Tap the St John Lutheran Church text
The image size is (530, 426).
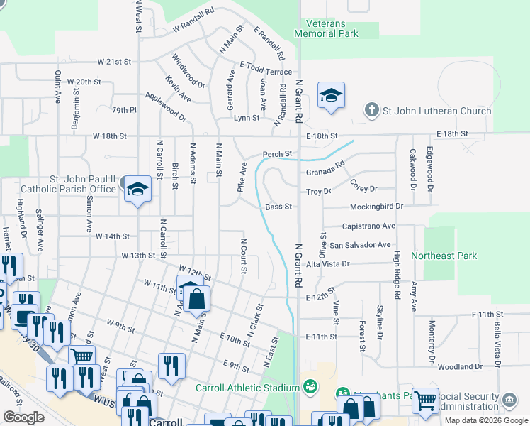click(x=436, y=111)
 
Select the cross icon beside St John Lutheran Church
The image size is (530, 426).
click(x=371, y=110)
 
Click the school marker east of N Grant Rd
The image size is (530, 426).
click(x=330, y=96)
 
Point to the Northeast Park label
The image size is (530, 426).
click(x=444, y=256)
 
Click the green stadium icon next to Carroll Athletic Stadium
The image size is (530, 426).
click(x=309, y=387)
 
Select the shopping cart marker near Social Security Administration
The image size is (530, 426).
click(x=424, y=401)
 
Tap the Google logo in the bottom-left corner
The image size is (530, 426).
click(x=23, y=417)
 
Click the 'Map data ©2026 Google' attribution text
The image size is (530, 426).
click(x=486, y=420)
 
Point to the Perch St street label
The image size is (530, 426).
click(x=278, y=154)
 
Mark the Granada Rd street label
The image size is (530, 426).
click(x=325, y=171)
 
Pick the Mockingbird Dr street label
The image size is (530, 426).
click(x=376, y=206)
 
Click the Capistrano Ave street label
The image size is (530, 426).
click(x=368, y=226)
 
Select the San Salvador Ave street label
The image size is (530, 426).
click(x=360, y=245)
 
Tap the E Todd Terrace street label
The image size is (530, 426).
click(x=266, y=72)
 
